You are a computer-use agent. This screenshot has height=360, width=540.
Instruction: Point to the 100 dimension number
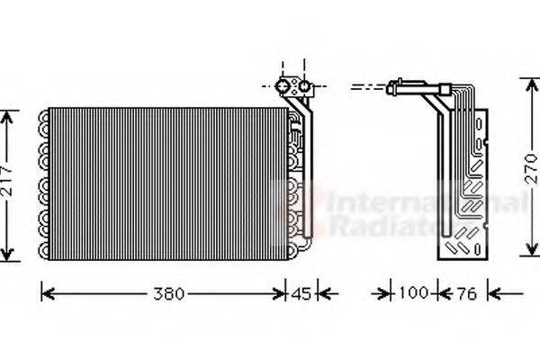(415, 294)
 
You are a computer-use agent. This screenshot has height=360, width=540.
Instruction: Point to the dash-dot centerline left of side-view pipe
(365, 88)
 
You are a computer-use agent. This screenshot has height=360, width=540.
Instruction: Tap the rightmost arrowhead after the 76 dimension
(491, 293)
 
